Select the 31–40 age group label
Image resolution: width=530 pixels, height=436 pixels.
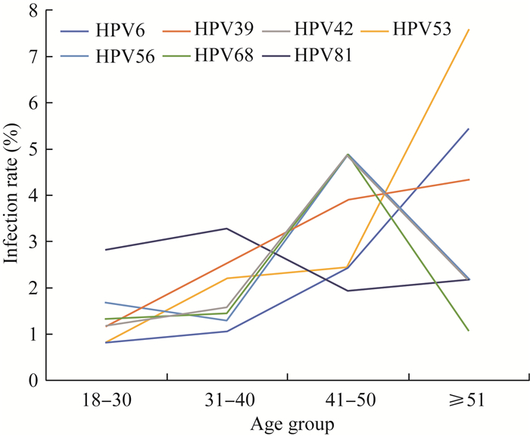(x=226, y=400)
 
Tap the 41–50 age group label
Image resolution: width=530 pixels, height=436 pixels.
(x=348, y=400)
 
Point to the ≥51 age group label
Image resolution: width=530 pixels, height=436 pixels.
(x=469, y=400)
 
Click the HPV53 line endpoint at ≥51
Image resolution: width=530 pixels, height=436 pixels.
(x=469, y=30)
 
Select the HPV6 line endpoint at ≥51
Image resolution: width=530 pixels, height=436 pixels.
(x=469, y=129)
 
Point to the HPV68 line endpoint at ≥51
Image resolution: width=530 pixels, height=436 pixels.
(x=469, y=331)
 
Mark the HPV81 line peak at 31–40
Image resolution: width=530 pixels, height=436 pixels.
(x=226, y=229)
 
